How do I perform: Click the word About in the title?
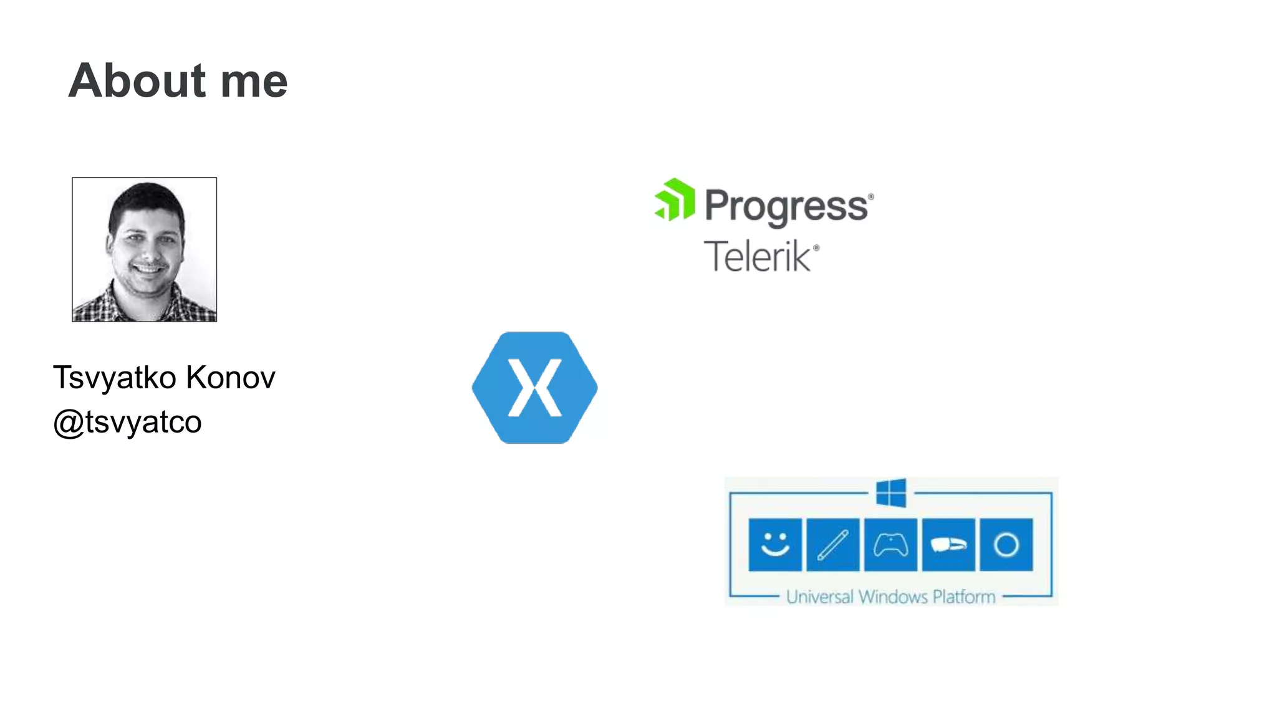point(137,81)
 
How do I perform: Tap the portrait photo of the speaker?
point(145,249)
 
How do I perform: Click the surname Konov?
point(230,378)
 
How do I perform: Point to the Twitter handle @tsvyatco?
point(127,422)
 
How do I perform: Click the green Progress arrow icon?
point(675,199)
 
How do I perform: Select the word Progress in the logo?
point(786,206)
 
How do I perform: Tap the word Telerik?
point(758,256)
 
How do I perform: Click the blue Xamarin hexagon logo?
point(534,388)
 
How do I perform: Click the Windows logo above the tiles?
point(891,493)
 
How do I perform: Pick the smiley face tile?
point(775,545)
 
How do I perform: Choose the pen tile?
point(833,545)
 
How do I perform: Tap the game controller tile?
point(890,545)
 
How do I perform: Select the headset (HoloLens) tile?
point(948,545)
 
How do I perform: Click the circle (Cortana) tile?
point(1006,545)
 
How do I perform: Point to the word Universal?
point(819,597)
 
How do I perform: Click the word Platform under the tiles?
point(964,597)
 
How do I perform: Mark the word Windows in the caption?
point(893,597)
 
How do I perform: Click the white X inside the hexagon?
point(535,388)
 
